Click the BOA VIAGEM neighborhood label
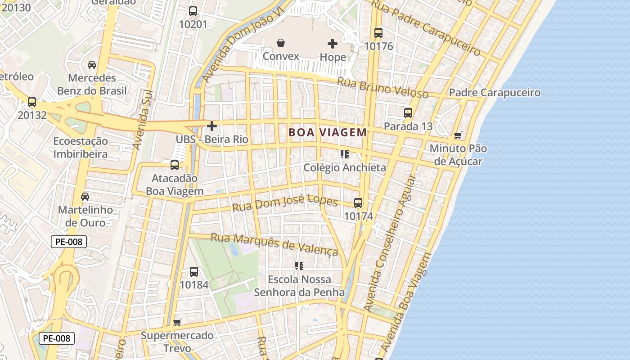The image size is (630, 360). click(x=328, y=132)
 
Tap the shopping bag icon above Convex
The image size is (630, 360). click(x=281, y=43)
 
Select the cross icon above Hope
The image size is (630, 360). click(x=333, y=44)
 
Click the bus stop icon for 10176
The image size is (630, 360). click(x=378, y=33)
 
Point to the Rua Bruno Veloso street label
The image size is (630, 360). click(x=382, y=87)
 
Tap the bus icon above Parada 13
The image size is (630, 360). click(x=408, y=113)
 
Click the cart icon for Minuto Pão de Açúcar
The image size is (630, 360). click(x=458, y=135)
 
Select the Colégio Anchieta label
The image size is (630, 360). click(x=345, y=167)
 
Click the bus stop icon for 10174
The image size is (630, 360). click(x=358, y=203)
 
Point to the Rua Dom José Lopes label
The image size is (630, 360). click(x=285, y=203)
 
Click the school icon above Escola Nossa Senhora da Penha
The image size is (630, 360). click(x=299, y=266)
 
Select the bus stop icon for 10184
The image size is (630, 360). click(x=194, y=272)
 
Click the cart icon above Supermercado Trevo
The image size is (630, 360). click(x=177, y=322)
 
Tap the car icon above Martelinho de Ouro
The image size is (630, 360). click(x=85, y=197)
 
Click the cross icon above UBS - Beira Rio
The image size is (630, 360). click(x=212, y=126)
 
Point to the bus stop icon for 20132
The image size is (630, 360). click(x=32, y=102)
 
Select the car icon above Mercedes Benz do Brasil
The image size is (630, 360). click(x=92, y=65)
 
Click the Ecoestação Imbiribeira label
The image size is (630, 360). click(x=81, y=148)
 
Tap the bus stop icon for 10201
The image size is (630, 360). click(x=193, y=11)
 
